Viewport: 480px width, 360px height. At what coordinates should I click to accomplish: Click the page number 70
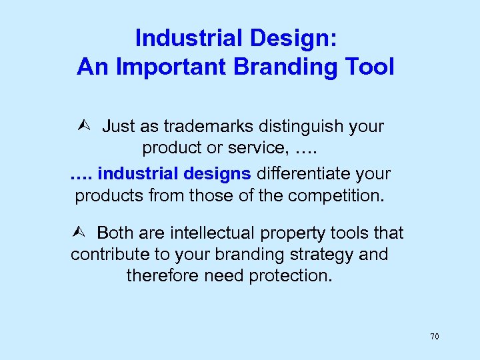point(434,337)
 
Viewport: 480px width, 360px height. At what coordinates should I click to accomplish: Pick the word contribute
point(108,255)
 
